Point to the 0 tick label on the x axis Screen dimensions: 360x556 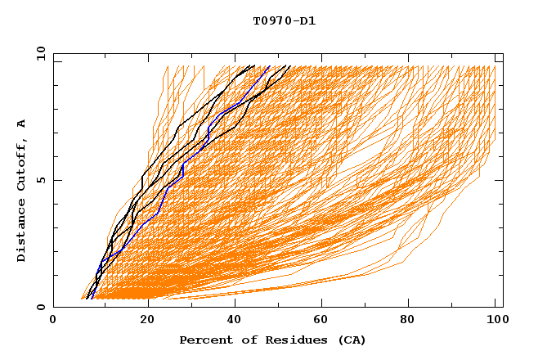coord(53,321)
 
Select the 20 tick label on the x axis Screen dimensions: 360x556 coord(142,321)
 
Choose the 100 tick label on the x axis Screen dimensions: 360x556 coord(495,321)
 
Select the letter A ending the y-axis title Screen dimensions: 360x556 coord(22,124)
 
